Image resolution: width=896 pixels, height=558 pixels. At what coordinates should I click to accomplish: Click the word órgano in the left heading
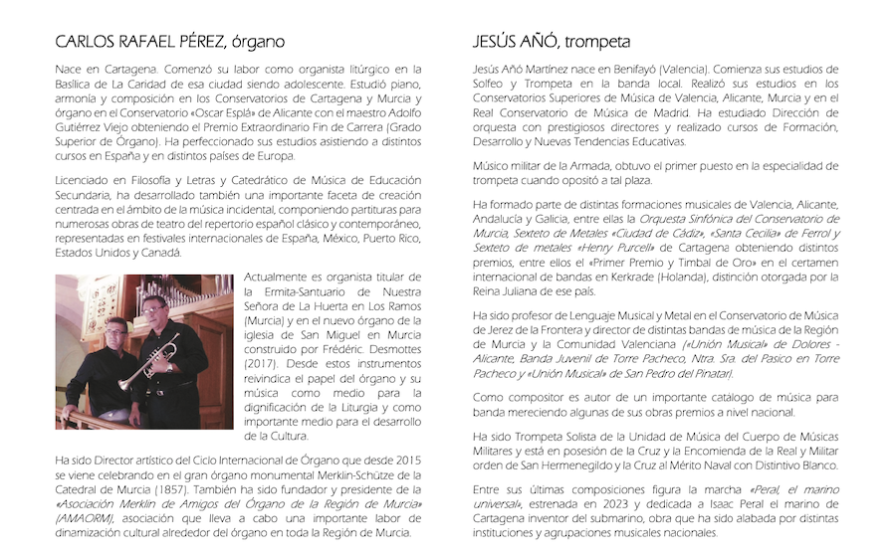coord(258,42)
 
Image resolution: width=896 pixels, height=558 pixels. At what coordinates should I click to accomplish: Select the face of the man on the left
coord(115,329)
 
